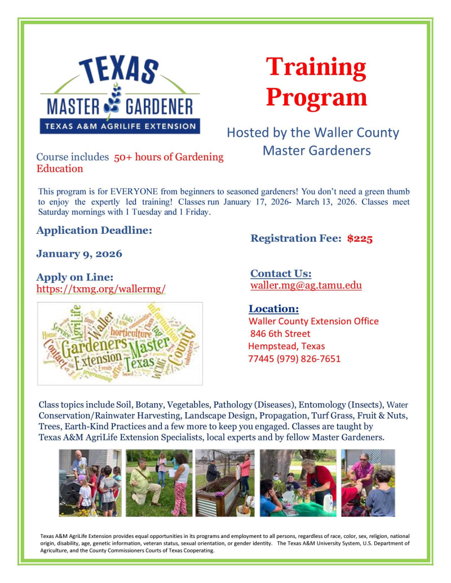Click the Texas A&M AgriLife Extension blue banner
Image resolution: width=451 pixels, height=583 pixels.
120,127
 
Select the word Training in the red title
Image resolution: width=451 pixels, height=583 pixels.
316,68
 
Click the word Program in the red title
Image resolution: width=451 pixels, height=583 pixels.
316,97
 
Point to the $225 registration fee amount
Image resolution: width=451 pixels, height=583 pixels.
360,238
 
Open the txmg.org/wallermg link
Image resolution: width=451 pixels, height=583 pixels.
101,289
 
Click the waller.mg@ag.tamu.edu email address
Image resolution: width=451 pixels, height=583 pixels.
306,286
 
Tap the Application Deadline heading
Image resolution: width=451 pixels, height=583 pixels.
94,230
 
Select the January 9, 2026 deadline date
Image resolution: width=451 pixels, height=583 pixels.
79,253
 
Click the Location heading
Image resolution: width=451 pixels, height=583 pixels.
273,309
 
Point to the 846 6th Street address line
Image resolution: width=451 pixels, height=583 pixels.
280,333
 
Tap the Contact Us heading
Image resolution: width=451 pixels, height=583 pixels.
281,274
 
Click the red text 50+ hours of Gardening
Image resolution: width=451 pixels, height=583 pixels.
169,157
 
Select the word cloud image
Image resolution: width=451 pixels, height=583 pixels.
120,343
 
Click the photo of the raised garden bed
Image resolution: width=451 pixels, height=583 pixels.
225,483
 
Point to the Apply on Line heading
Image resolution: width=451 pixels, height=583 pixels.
75,277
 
